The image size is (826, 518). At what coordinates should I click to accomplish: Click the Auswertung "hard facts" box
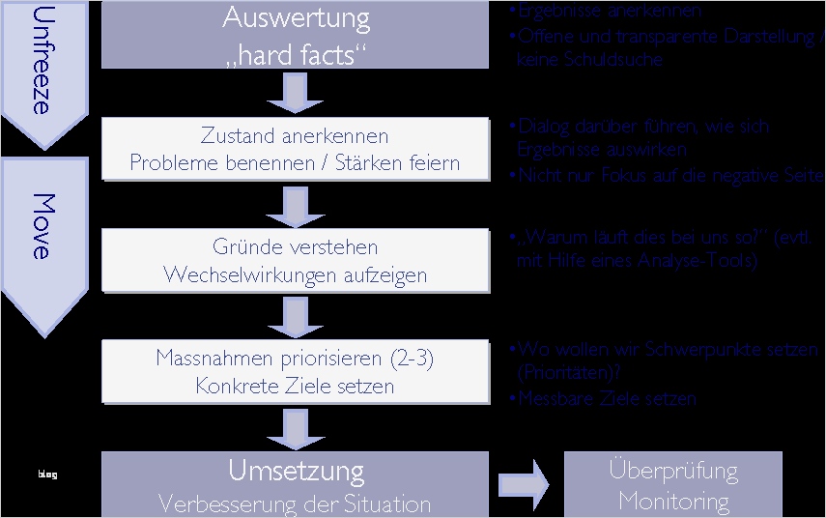point(295,35)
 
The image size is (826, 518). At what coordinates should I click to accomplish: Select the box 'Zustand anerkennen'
point(295,149)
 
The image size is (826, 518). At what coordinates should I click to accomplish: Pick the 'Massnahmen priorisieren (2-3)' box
point(295,372)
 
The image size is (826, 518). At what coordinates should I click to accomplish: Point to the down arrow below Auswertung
point(296,93)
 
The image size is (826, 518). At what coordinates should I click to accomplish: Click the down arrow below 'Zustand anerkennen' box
point(296,204)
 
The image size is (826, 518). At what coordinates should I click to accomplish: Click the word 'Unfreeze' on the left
point(41,61)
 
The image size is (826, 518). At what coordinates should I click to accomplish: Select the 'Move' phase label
point(41,226)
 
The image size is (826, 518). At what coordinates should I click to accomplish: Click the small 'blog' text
point(47,475)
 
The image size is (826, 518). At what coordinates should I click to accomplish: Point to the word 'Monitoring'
point(673,501)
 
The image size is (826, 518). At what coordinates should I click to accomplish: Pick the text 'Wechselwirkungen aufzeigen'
point(295,274)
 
